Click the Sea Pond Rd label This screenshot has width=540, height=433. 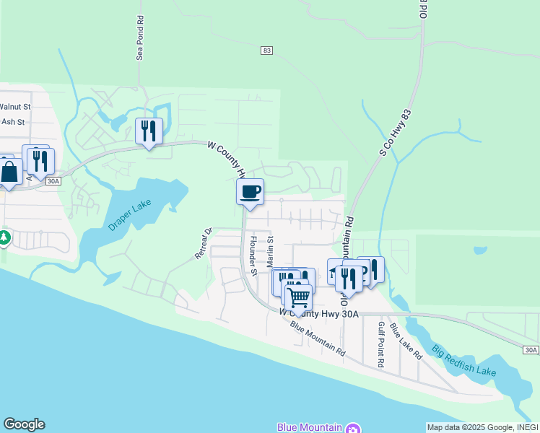tap(139, 40)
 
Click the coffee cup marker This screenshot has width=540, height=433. tap(250, 191)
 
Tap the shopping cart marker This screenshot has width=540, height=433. tap(297, 296)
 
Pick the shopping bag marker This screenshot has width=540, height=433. tap(10, 172)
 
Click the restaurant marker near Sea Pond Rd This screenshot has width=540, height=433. tap(149, 131)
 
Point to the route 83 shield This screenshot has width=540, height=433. tap(267, 50)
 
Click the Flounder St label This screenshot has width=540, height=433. tap(253, 255)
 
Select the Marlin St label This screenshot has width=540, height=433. tap(271, 250)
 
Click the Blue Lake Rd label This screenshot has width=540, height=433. tap(406, 341)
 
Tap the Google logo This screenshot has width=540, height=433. tap(24, 424)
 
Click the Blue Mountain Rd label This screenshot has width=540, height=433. tap(317, 336)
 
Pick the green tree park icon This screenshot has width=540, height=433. tap(4, 237)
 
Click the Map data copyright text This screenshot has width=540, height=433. tap(482, 427)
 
